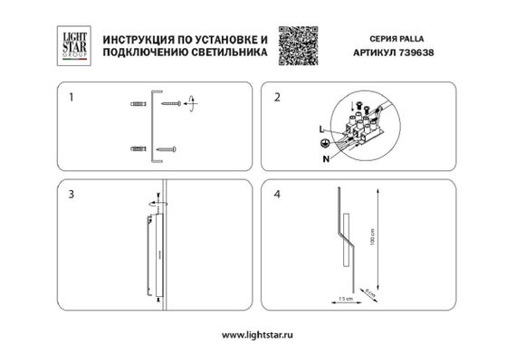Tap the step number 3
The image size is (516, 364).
tap(62, 195)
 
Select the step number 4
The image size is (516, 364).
tap(278, 195)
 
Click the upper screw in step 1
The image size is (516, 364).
tap(172, 105)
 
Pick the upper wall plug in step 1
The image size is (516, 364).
tap(137, 105)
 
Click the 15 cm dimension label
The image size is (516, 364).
tap(344, 298)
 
